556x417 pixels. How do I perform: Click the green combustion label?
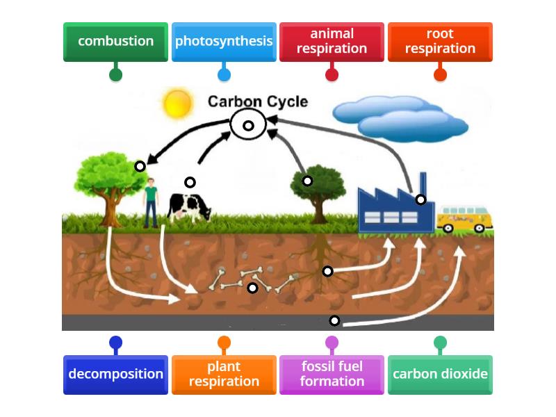click(x=115, y=42)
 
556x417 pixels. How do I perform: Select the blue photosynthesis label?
click(x=224, y=42)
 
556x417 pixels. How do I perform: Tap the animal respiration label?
click(x=332, y=42)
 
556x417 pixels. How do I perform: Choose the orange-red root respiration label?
click(x=440, y=42)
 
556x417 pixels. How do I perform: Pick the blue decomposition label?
click(x=115, y=375)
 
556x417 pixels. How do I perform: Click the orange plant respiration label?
click(x=224, y=375)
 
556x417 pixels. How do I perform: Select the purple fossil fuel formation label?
click(x=332, y=375)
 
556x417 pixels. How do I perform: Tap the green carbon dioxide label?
click(x=440, y=375)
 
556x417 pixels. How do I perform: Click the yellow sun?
click(x=177, y=103)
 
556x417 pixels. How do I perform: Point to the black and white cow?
click(x=189, y=206)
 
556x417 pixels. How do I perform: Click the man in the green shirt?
click(x=151, y=202)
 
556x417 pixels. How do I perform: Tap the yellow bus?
click(x=464, y=218)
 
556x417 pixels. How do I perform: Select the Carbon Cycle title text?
click(x=257, y=101)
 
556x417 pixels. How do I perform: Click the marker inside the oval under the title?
click(x=248, y=126)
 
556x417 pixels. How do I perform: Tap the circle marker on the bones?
click(x=253, y=288)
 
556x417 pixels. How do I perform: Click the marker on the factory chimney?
click(x=420, y=199)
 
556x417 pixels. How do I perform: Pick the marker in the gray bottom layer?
click(x=334, y=320)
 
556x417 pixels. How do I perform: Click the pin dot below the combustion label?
click(x=115, y=74)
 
